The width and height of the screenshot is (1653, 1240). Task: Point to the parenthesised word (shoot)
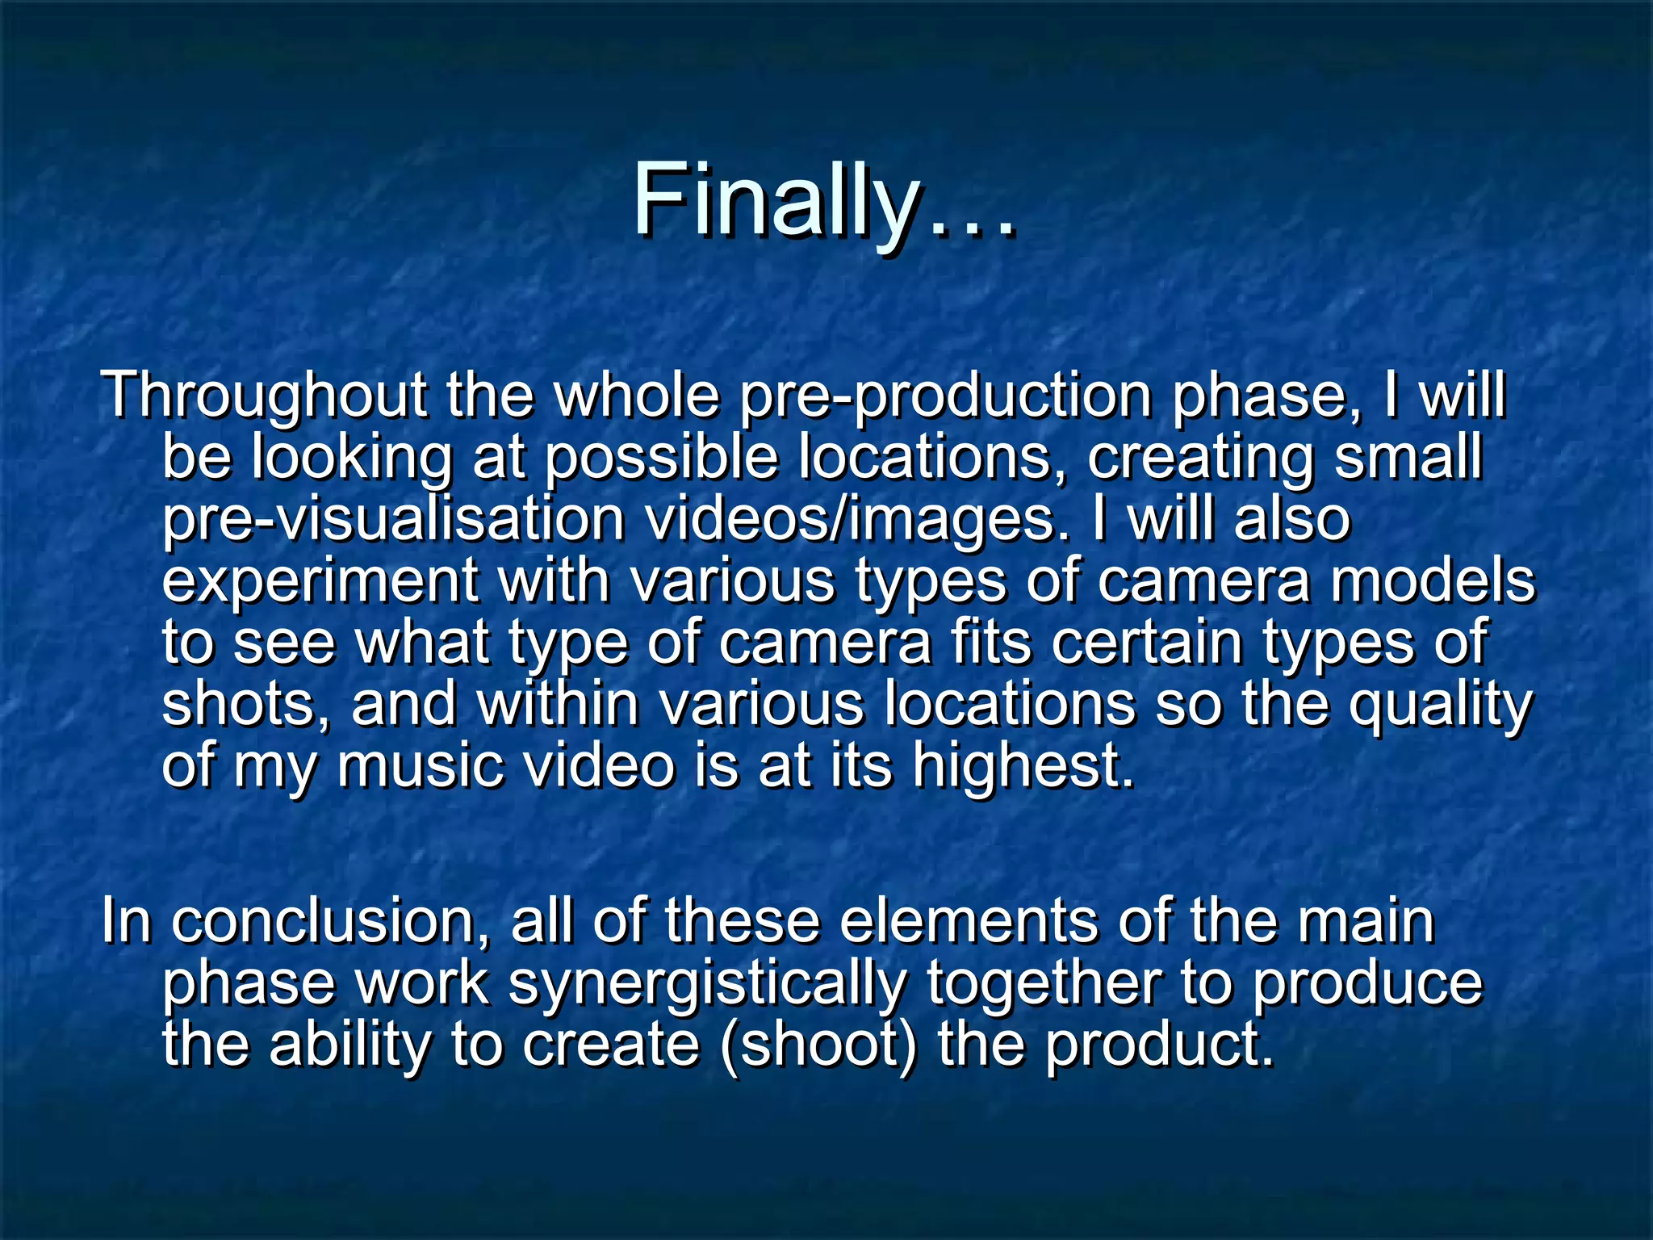click(x=818, y=1045)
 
